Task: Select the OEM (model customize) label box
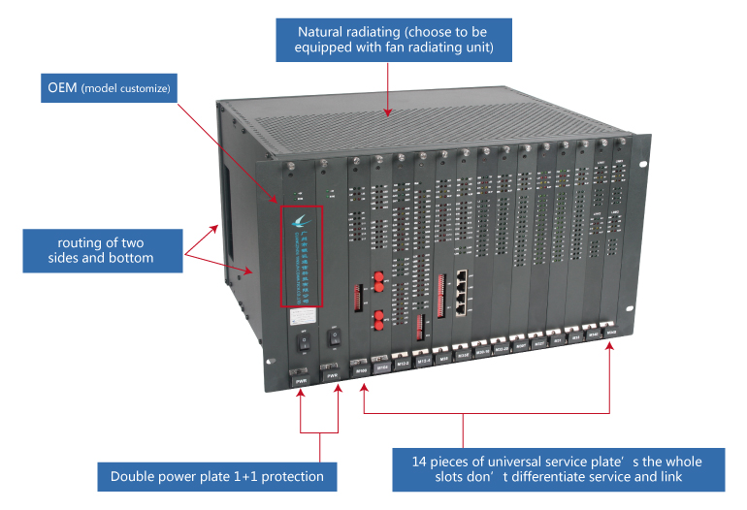[109, 88]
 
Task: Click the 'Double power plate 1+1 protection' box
[217, 476]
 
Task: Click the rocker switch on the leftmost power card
[299, 341]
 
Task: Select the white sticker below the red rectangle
[298, 316]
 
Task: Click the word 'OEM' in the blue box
[63, 88]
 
